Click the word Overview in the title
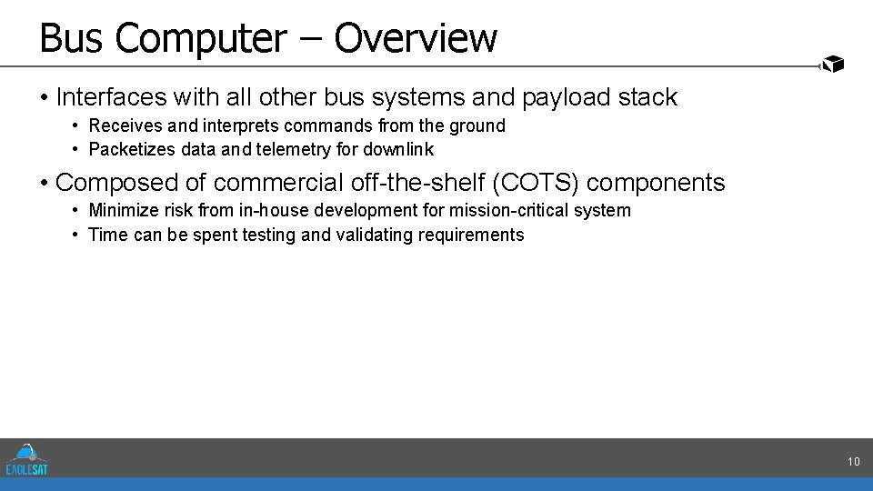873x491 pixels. (x=416, y=38)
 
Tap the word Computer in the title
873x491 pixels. (x=201, y=38)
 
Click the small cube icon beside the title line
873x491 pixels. (x=832, y=64)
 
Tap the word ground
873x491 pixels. (x=477, y=125)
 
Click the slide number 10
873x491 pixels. (x=853, y=462)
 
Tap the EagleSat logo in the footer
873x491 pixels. (x=26, y=459)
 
